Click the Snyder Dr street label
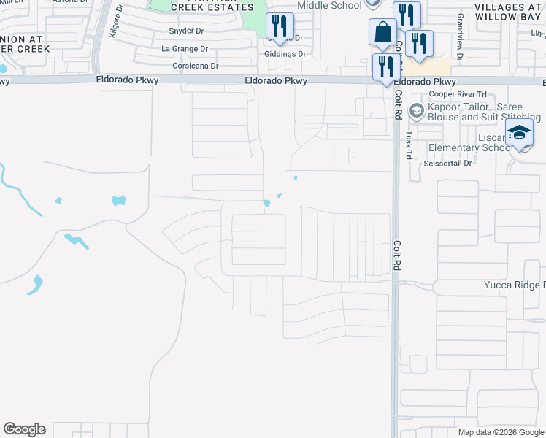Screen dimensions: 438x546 (x=185, y=31)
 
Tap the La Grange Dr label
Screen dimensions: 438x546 (x=185, y=49)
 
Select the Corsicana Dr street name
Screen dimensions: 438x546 (x=196, y=66)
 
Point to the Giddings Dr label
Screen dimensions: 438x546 (x=285, y=54)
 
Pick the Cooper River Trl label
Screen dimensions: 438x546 (x=458, y=94)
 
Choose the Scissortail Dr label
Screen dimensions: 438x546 (x=448, y=164)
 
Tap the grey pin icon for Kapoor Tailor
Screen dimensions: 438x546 (x=417, y=111)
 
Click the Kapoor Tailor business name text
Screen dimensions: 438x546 (x=484, y=112)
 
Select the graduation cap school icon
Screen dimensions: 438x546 (x=519, y=133)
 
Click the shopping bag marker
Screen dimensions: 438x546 (x=382, y=33)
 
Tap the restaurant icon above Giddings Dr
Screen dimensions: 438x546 (x=279, y=26)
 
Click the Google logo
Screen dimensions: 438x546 (x=24, y=429)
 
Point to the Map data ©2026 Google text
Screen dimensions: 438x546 (x=500, y=432)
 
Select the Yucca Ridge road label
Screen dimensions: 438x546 (x=514, y=285)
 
